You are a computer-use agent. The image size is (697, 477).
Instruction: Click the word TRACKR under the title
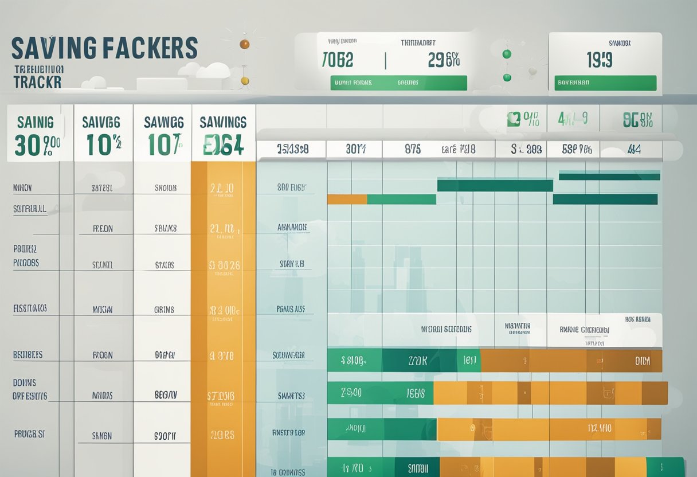[37, 81]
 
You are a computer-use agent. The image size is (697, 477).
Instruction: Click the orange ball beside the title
[244, 44]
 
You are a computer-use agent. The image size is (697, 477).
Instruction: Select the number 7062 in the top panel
[338, 60]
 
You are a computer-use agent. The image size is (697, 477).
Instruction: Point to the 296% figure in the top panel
[444, 60]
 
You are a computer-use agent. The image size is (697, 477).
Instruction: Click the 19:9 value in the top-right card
[599, 60]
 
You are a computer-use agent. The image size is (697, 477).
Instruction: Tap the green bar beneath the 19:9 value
[605, 83]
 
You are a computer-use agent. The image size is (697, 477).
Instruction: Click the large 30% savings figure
[37, 146]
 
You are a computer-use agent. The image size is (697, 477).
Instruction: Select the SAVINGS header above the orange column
[223, 122]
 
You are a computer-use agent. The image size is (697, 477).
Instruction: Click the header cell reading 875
[412, 149]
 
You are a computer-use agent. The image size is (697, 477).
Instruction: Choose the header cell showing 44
[633, 149]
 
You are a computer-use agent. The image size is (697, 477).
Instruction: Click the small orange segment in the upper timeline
[347, 200]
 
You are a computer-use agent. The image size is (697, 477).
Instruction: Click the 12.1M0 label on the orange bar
[600, 428]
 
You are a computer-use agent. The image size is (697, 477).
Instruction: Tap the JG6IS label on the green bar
[416, 393]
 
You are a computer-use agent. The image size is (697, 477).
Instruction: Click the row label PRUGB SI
[29, 434]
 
